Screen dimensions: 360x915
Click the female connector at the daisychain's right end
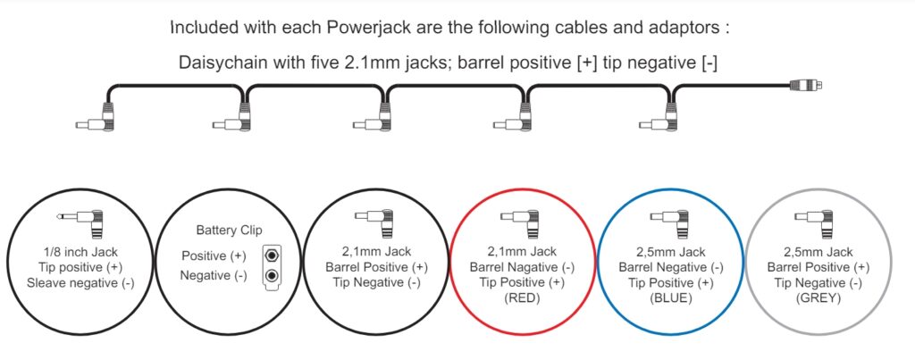[x=806, y=86]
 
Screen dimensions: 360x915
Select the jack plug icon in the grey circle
[x=819, y=221]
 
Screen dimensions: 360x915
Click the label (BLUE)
[x=670, y=299]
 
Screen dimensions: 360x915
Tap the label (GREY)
[x=818, y=299]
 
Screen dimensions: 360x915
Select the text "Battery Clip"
[x=230, y=230]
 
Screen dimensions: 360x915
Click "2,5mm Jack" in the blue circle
[x=670, y=252]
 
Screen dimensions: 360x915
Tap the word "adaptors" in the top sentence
[x=691, y=28]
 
